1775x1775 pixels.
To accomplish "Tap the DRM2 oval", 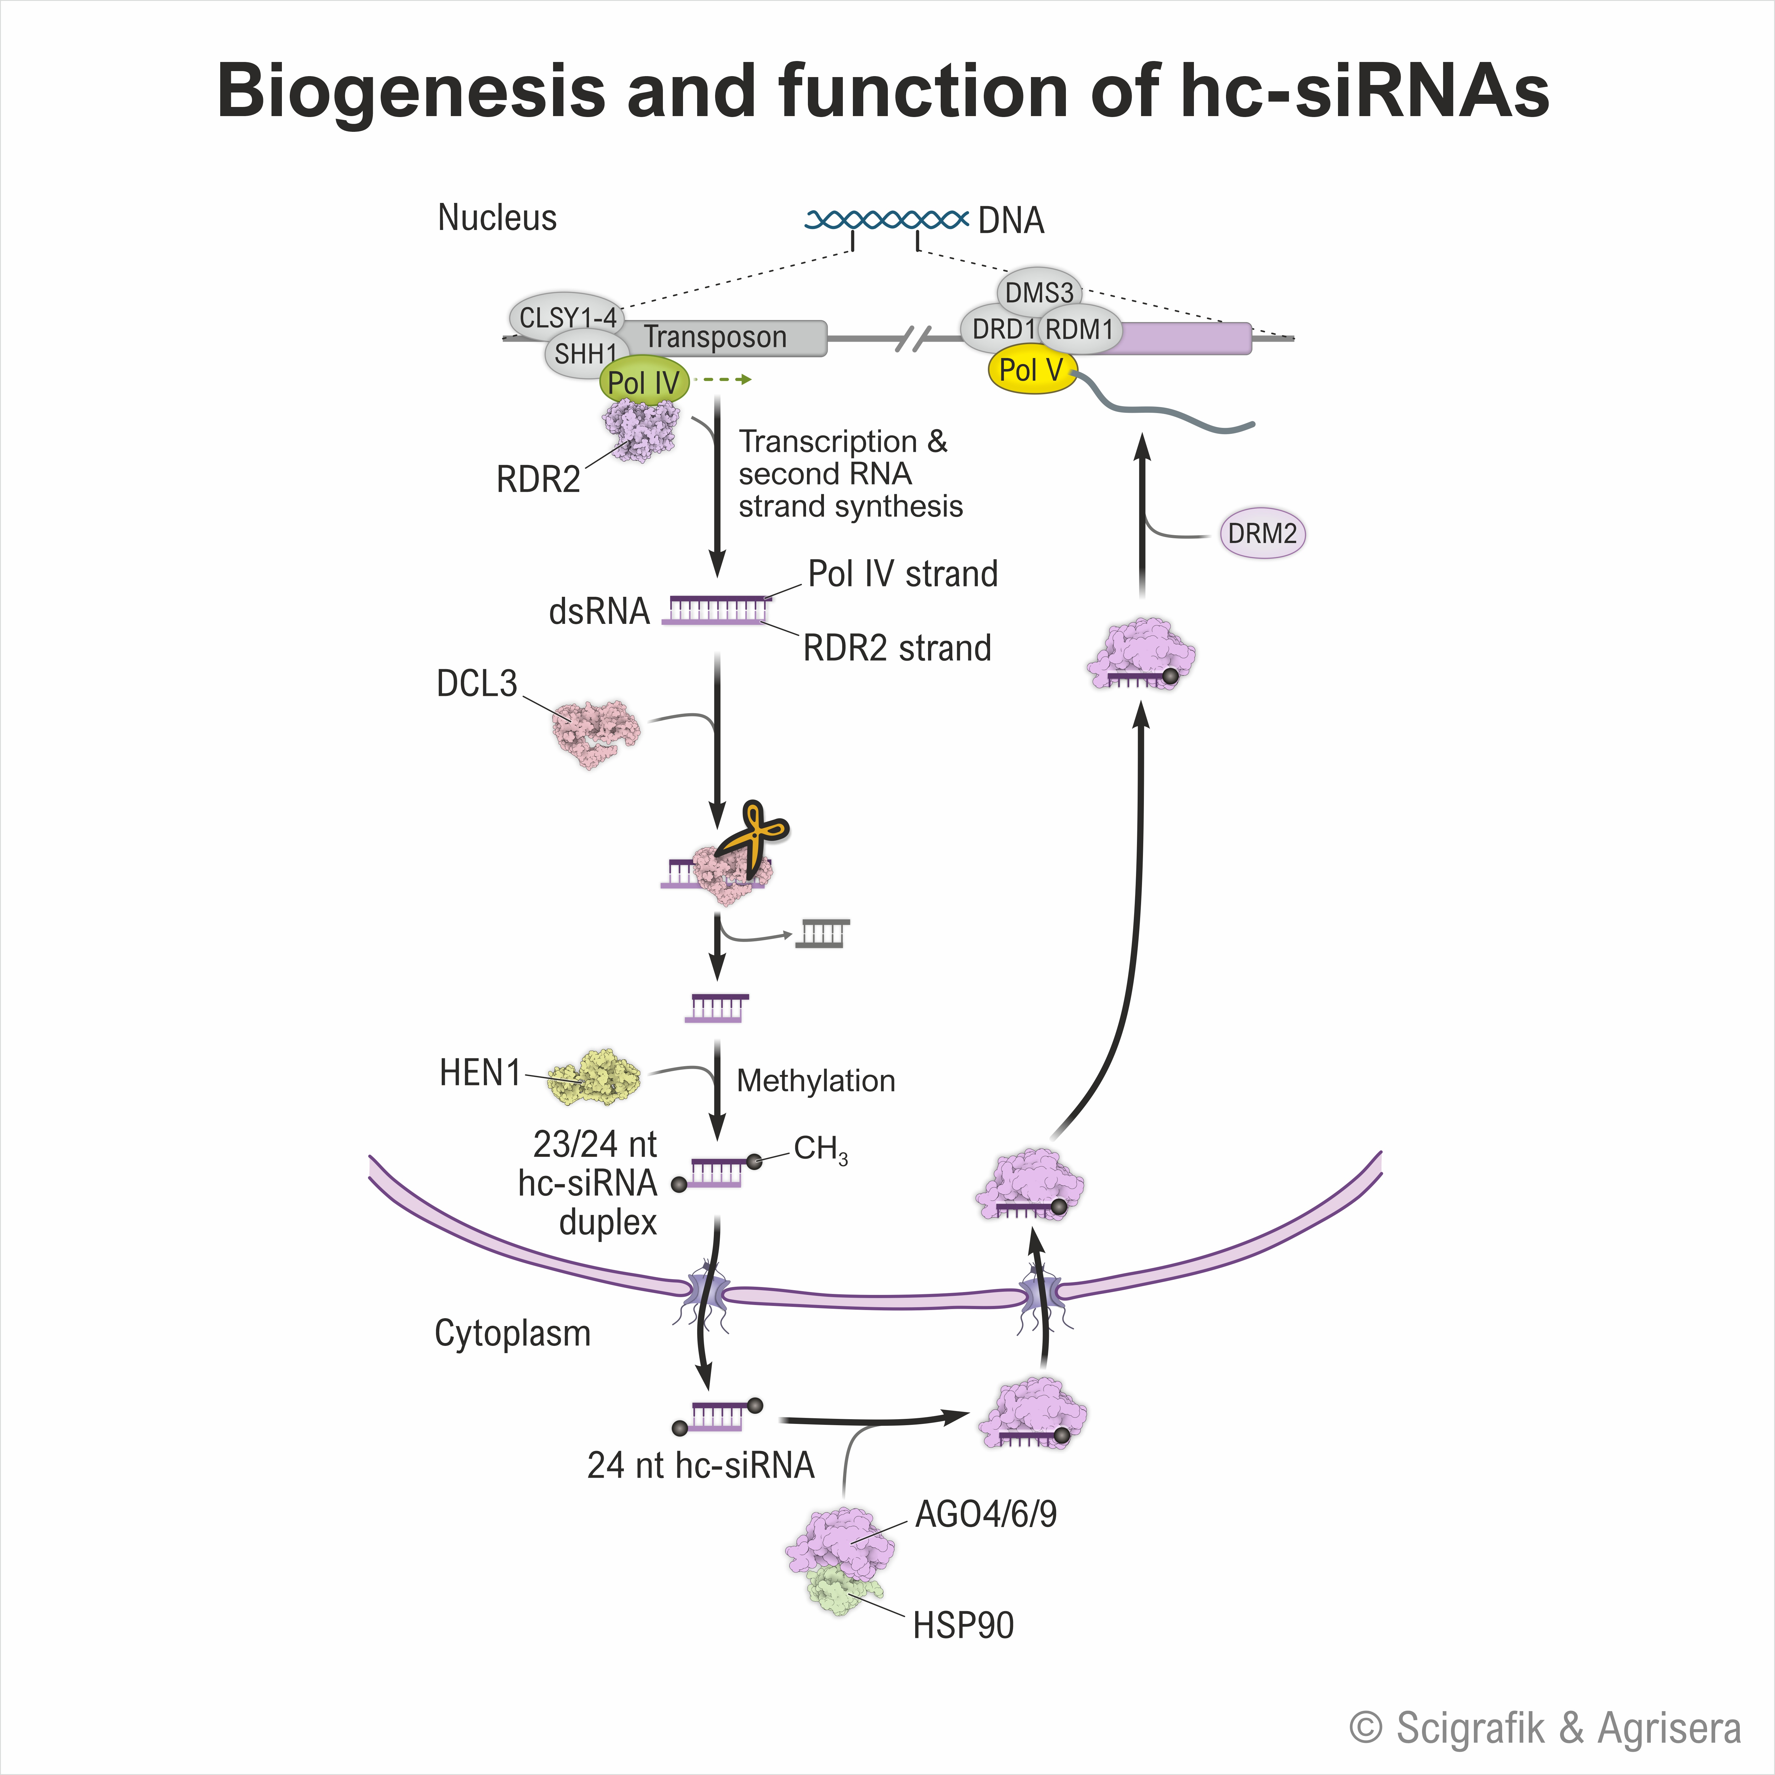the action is click(x=1262, y=534).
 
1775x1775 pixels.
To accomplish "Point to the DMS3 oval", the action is click(x=1039, y=292).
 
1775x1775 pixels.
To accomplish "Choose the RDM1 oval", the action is click(x=1079, y=329).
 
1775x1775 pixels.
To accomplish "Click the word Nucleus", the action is click(x=497, y=218).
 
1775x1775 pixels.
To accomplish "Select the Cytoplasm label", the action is click(x=513, y=1333).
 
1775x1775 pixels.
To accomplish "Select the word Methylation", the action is click(x=816, y=1080).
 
